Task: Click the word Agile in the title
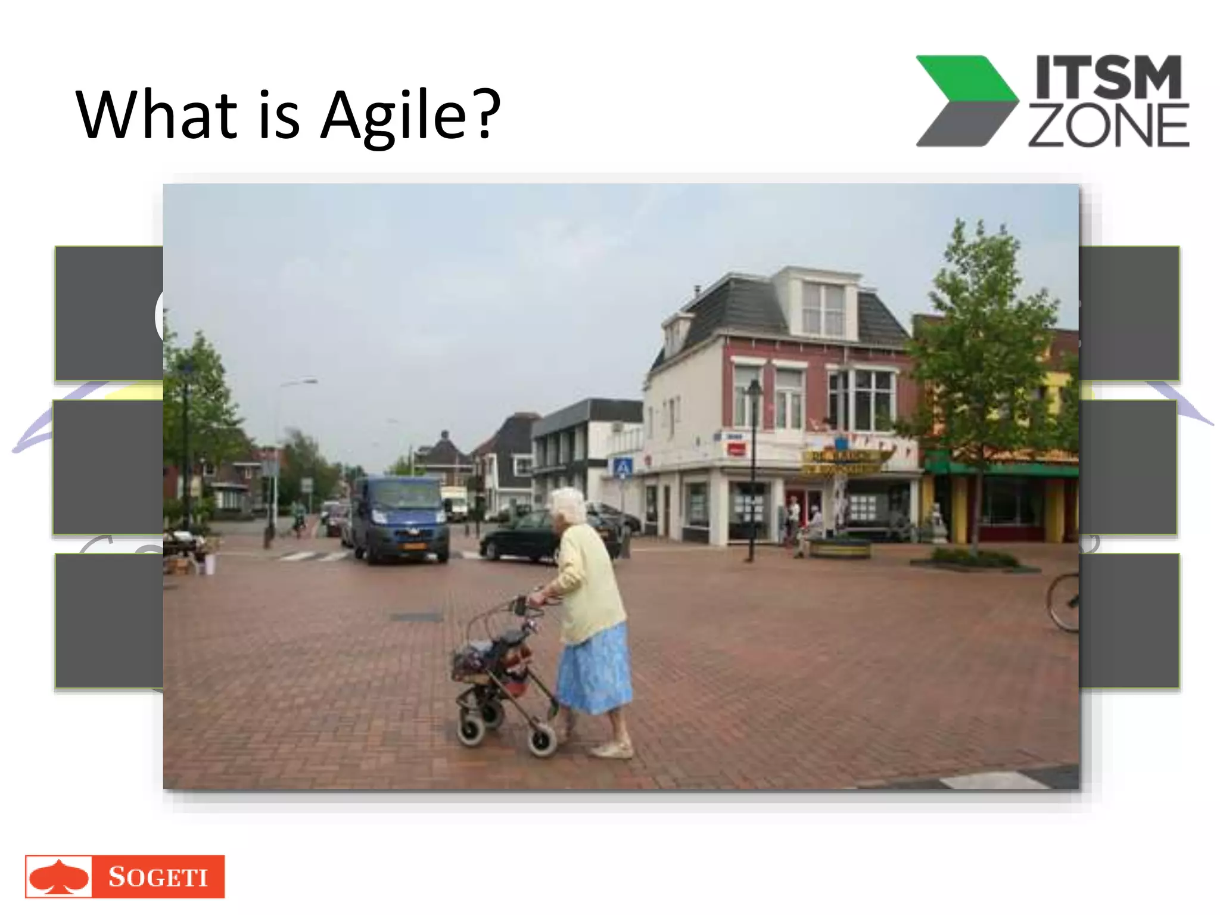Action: click(x=393, y=114)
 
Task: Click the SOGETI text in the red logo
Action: click(x=158, y=877)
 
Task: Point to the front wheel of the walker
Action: click(x=542, y=741)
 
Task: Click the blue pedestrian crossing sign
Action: click(x=623, y=467)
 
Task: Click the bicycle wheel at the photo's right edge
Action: click(x=1064, y=602)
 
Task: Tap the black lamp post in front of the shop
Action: click(x=753, y=471)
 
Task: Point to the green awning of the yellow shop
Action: click(x=1001, y=468)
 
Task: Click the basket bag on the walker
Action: click(x=491, y=658)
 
